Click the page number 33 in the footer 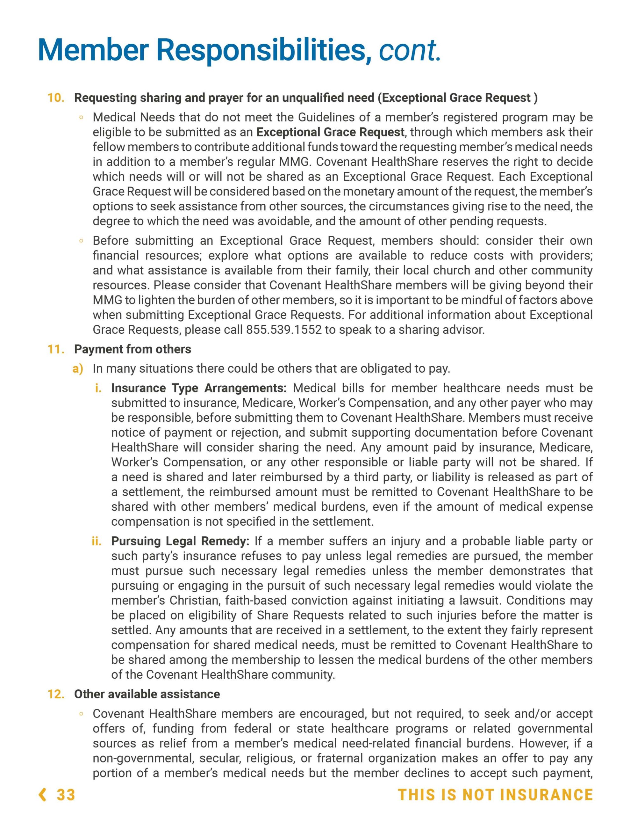coord(66,794)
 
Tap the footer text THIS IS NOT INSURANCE coord(495,794)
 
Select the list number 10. coord(56,98)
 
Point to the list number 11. coord(56,349)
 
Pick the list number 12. coord(56,694)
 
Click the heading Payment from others coord(132,349)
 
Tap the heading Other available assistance coord(147,694)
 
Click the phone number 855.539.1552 coord(283,330)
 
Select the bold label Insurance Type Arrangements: coord(199,388)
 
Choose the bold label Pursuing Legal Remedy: coord(180,541)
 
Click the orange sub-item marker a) coord(78,369)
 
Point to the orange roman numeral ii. coord(97,541)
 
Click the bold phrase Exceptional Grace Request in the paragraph coord(330,132)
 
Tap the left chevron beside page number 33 coord(43,794)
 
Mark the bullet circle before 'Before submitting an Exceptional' coord(81,241)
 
